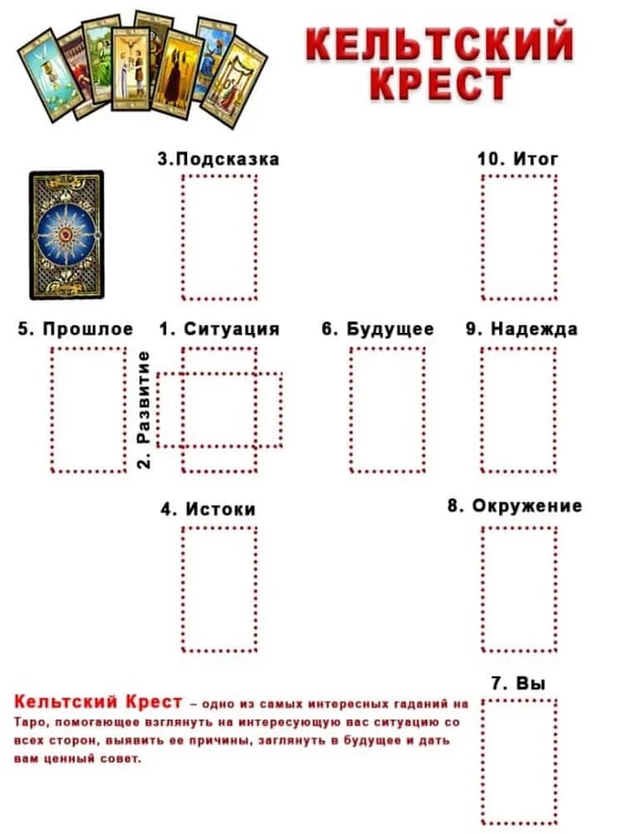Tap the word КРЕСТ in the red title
(440, 85)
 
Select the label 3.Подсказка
(218, 159)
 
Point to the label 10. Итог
(518, 158)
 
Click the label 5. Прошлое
(76, 329)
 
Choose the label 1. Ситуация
(219, 329)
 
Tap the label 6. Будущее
(378, 329)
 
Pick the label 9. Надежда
(522, 329)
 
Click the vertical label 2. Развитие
(144, 409)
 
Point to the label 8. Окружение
(515, 506)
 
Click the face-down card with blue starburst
(67, 235)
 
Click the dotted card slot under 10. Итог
(519, 237)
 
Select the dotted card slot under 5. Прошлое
(88, 410)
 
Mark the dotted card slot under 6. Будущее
(387, 410)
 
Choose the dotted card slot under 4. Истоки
(220, 589)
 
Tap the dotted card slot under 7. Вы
(519, 762)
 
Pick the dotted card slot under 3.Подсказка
(220, 237)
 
